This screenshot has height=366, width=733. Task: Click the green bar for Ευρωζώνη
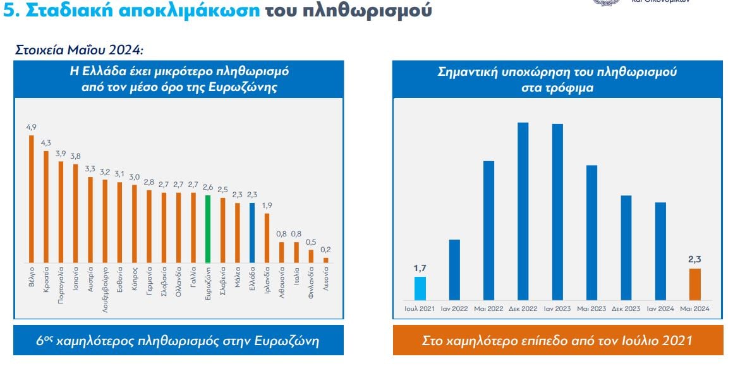point(207,229)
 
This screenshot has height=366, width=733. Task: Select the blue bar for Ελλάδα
point(251,233)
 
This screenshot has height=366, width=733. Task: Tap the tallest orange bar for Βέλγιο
point(31,199)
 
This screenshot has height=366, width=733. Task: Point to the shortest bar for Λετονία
point(326,260)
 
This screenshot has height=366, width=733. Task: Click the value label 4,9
point(31,128)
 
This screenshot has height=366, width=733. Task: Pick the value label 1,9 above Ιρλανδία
point(267,205)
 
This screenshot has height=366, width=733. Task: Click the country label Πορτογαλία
point(61,286)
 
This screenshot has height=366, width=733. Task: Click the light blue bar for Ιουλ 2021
point(420,288)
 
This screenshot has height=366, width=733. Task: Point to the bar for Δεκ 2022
point(523,211)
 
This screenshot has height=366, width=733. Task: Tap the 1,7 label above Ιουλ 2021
point(420,269)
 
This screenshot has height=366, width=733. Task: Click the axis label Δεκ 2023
point(626,309)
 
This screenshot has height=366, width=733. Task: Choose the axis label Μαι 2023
point(591,309)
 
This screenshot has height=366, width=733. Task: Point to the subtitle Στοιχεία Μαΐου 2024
point(79,49)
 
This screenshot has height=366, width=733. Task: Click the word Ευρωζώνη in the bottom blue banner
point(287,341)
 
